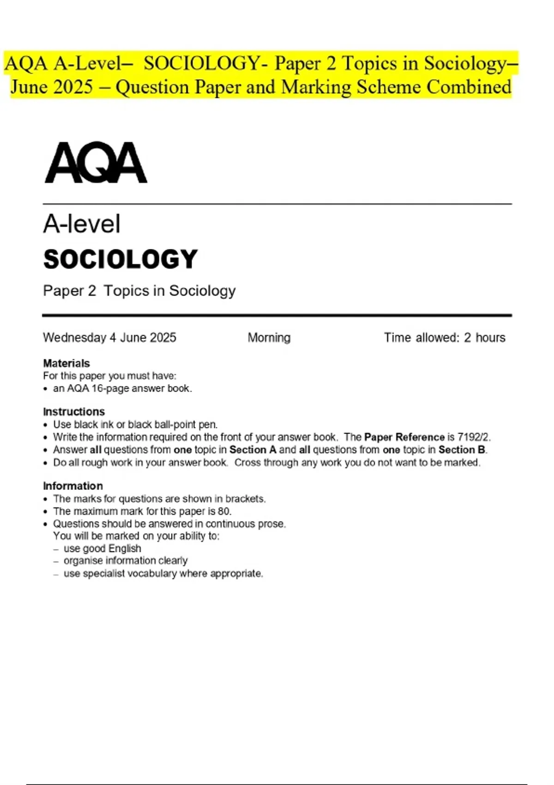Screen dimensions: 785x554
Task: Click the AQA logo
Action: (x=96, y=163)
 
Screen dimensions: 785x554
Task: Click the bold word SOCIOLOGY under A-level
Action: (x=120, y=259)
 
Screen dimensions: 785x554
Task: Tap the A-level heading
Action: (x=82, y=224)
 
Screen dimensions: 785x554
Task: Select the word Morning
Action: (x=269, y=338)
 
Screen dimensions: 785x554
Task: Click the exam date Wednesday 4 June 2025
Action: (x=109, y=338)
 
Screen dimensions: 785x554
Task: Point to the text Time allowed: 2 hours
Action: (x=445, y=338)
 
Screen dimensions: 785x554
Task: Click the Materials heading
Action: (x=66, y=363)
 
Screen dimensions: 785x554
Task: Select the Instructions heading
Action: (x=74, y=411)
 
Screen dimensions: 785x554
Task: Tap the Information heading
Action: (x=73, y=486)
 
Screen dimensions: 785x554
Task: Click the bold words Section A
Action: (x=253, y=450)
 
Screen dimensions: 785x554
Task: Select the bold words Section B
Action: (x=462, y=450)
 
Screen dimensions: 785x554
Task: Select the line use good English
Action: (x=102, y=549)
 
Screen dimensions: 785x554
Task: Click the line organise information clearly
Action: (x=126, y=561)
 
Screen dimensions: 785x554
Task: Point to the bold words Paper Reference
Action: (x=404, y=437)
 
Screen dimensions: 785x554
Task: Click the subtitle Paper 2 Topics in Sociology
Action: (x=139, y=291)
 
